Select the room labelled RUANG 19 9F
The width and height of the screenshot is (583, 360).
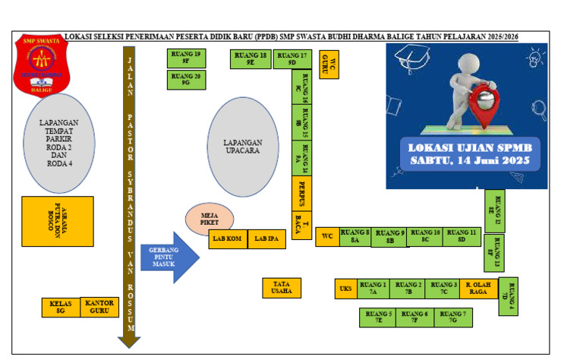pyautogui.click(x=186, y=58)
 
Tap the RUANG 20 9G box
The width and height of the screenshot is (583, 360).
pyautogui.click(x=186, y=80)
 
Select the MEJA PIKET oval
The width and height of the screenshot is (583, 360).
pyautogui.click(x=210, y=219)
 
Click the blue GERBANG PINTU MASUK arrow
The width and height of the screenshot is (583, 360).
pyautogui.click(x=168, y=255)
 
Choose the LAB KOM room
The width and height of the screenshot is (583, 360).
pyautogui.click(x=228, y=239)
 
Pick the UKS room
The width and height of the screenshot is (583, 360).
pyautogui.click(x=345, y=289)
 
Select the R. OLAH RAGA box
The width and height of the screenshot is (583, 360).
pyautogui.click(x=478, y=289)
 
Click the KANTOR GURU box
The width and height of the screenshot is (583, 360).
pyautogui.click(x=100, y=307)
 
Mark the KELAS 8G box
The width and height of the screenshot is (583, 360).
pyautogui.click(x=61, y=307)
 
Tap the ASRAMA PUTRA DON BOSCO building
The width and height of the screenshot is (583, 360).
pyautogui.click(x=58, y=221)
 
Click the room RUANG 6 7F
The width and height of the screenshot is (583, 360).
pyautogui.click(x=414, y=317)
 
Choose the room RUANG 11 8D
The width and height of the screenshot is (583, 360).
pyautogui.click(x=462, y=236)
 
